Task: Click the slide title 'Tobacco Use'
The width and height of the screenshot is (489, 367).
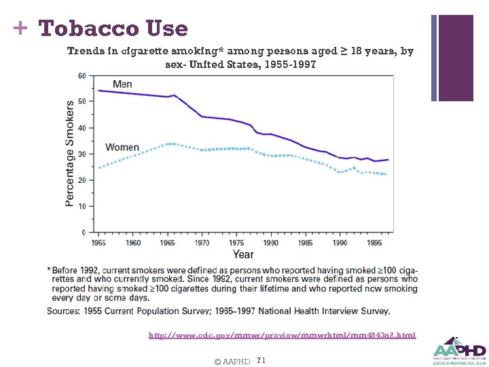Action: pyautogui.click(x=113, y=29)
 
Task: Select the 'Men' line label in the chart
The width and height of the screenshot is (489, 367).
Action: pyautogui.click(x=122, y=84)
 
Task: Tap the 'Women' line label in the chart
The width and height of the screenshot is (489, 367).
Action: pyautogui.click(x=122, y=147)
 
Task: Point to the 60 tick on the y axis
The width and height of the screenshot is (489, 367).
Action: pyautogui.click(x=81, y=75)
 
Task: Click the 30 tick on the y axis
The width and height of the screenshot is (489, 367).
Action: pyautogui.click(x=81, y=154)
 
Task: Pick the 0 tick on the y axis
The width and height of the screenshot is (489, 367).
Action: pyautogui.click(x=84, y=232)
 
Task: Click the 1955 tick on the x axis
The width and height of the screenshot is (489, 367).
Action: pyautogui.click(x=98, y=243)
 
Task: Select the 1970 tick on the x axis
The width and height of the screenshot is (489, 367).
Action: pyautogui.click(x=202, y=243)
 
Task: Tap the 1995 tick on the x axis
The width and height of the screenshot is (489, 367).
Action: pyautogui.click(x=374, y=243)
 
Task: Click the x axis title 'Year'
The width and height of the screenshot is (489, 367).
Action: pyautogui.click(x=243, y=254)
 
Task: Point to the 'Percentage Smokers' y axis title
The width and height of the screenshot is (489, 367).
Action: pyautogui.click(x=70, y=154)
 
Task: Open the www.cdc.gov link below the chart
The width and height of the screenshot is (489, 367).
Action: pyautogui.click(x=282, y=335)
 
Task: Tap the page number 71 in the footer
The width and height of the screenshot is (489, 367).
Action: pyautogui.click(x=261, y=360)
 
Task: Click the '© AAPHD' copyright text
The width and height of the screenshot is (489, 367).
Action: pyautogui.click(x=232, y=361)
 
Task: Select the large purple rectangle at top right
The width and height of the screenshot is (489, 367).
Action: pyautogui.click(x=456, y=58)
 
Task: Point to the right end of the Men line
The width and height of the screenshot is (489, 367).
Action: pyautogui.click(x=388, y=160)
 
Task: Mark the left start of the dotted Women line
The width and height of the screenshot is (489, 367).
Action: pyautogui.click(x=99, y=167)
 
